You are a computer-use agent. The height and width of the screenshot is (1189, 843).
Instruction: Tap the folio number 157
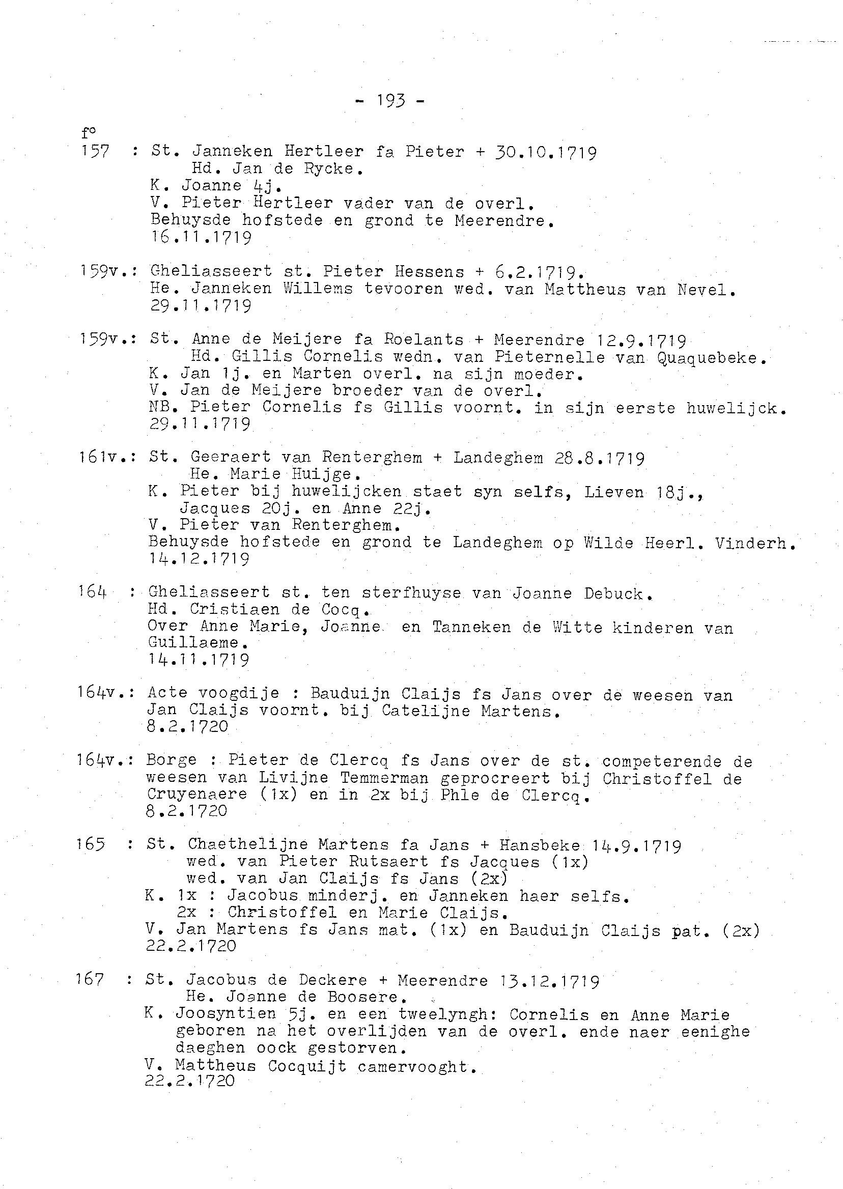tap(95, 152)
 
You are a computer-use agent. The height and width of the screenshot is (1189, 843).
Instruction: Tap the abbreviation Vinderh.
tap(754, 543)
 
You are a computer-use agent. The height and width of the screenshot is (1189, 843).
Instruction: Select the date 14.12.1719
tap(199, 559)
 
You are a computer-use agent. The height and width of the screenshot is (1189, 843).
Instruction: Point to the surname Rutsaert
tap(394, 862)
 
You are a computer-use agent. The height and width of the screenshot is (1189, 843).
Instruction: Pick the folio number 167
tap(90, 979)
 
